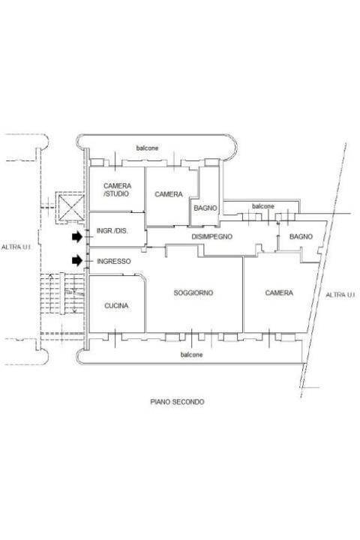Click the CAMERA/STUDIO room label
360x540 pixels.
pyautogui.click(x=117, y=190)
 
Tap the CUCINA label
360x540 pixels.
pyautogui.click(x=116, y=305)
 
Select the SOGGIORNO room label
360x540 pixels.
pyautogui.click(x=193, y=292)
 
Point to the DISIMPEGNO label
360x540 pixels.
pyautogui.click(x=211, y=236)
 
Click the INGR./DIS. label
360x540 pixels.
pyautogui.click(x=112, y=231)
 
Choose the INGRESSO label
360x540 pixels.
pyautogui.click(x=114, y=262)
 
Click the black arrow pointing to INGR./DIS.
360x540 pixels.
pyautogui.click(x=77, y=236)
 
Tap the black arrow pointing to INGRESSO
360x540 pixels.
pyautogui.click(x=77, y=261)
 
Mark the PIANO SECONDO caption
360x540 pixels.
pyautogui.click(x=177, y=401)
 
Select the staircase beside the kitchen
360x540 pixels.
pyautogui.click(x=62, y=293)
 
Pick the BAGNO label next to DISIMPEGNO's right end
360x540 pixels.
pyautogui.click(x=301, y=236)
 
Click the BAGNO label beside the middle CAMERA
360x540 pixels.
pyautogui.click(x=205, y=208)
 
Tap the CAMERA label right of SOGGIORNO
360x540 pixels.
pyautogui.click(x=279, y=292)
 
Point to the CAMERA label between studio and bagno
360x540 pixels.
pyautogui.click(x=169, y=194)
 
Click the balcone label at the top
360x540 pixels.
pyautogui.click(x=148, y=148)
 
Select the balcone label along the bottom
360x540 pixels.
pyautogui.click(x=191, y=354)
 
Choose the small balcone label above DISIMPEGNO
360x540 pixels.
pyautogui.click(x=263, y=206)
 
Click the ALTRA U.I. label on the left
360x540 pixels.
pyautogui.click(x=16, y=247)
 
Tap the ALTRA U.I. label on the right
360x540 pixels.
pyautogui.click(x=340, y=295)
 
